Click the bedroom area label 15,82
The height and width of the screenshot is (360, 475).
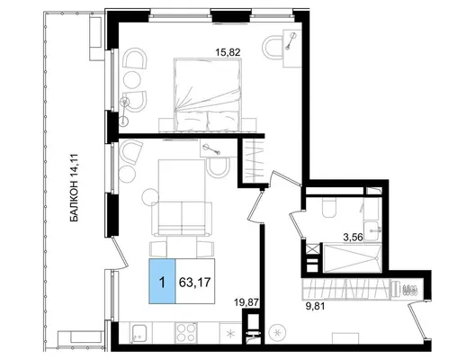coord(228,52)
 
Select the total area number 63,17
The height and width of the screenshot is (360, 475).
coord(195,283)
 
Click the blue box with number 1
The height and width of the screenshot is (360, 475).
coord(162,281)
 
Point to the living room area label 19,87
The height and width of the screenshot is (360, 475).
coord(247,302)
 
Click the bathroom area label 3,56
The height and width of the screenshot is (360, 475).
coord(353,238)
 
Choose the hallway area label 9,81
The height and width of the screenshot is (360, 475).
coord(315,307)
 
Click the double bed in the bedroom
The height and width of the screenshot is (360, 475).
coord(208,94)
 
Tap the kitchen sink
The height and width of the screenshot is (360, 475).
coord(139,332)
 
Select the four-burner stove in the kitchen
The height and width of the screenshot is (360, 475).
coord(185,333)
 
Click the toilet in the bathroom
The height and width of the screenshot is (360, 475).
coord(329,208)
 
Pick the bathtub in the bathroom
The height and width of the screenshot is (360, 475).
coord(353,258)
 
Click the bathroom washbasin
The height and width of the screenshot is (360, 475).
coord(372,231)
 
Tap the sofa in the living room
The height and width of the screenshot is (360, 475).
coord(182,219)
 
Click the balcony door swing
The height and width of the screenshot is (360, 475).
coord(119,253)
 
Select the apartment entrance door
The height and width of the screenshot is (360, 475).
coord(417,319)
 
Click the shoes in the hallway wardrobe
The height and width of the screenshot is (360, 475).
coord(411,289)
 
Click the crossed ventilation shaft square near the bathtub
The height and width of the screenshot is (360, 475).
coord(313,249)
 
